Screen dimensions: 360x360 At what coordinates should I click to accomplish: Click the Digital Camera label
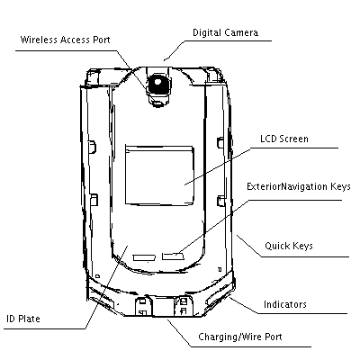225,32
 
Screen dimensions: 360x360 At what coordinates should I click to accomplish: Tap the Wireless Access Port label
65,40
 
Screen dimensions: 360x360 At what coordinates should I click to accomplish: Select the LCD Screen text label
284,139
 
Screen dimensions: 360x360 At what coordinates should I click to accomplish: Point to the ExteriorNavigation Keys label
299,186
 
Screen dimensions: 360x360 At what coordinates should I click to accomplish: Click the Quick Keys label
289,246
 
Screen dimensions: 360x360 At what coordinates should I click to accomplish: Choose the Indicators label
285,304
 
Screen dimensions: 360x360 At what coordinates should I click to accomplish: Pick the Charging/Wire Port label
240,337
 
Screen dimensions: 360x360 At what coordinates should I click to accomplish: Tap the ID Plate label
23,319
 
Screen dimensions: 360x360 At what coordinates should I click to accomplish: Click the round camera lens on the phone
157,83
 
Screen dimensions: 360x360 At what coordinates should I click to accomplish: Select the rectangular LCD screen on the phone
159,175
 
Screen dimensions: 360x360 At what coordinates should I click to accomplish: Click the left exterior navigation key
144,257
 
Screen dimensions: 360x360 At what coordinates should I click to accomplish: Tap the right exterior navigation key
173,256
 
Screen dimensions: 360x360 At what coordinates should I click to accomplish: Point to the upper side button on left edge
93,146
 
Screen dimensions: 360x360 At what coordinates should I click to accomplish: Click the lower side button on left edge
94,200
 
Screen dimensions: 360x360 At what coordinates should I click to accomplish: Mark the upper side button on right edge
220,142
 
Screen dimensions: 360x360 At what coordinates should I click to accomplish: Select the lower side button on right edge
221,201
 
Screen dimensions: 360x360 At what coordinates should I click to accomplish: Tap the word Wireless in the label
39,40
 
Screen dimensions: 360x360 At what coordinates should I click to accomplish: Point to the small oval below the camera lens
157,103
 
